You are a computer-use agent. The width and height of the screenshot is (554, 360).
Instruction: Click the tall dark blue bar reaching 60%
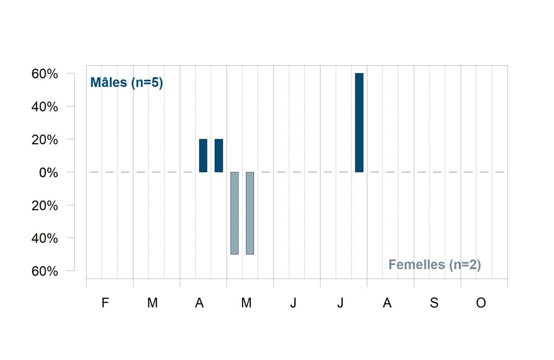coord(359,123)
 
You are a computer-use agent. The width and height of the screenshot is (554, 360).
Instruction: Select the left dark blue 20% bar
coord(203,156)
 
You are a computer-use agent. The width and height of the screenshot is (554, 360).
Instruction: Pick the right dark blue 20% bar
coord(219,156)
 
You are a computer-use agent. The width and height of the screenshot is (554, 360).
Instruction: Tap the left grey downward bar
coord(234,213)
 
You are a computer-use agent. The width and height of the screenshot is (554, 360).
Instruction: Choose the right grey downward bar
coord(250,213)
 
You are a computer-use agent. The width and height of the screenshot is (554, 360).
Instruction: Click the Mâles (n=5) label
coord(127,82)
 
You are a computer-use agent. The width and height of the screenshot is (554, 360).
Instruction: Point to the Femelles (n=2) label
coord(435,265)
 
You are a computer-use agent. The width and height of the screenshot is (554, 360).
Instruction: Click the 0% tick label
coord(49,173)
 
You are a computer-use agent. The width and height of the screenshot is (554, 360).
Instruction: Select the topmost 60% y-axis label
coord(44,74)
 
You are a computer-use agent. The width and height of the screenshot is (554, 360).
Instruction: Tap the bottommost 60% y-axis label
coord(44,271)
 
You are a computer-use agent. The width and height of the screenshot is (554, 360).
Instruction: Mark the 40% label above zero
coord(44,107)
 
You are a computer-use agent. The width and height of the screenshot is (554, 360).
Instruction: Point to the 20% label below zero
coord(44,205)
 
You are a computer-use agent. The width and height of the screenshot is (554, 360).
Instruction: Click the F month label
coord(105,302)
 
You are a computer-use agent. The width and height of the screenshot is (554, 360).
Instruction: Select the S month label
coord(434,302)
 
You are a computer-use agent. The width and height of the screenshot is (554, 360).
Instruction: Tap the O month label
coord(481,302)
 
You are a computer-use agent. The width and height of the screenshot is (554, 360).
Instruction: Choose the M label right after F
coord(153,302)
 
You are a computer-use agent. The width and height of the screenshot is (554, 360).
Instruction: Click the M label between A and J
coord(246,302)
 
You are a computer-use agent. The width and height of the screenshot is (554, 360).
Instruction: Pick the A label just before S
coord(387,302)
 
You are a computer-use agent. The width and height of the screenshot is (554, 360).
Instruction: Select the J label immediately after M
coord(293,302)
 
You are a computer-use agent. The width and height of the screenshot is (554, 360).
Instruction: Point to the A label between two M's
coord(199,302)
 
